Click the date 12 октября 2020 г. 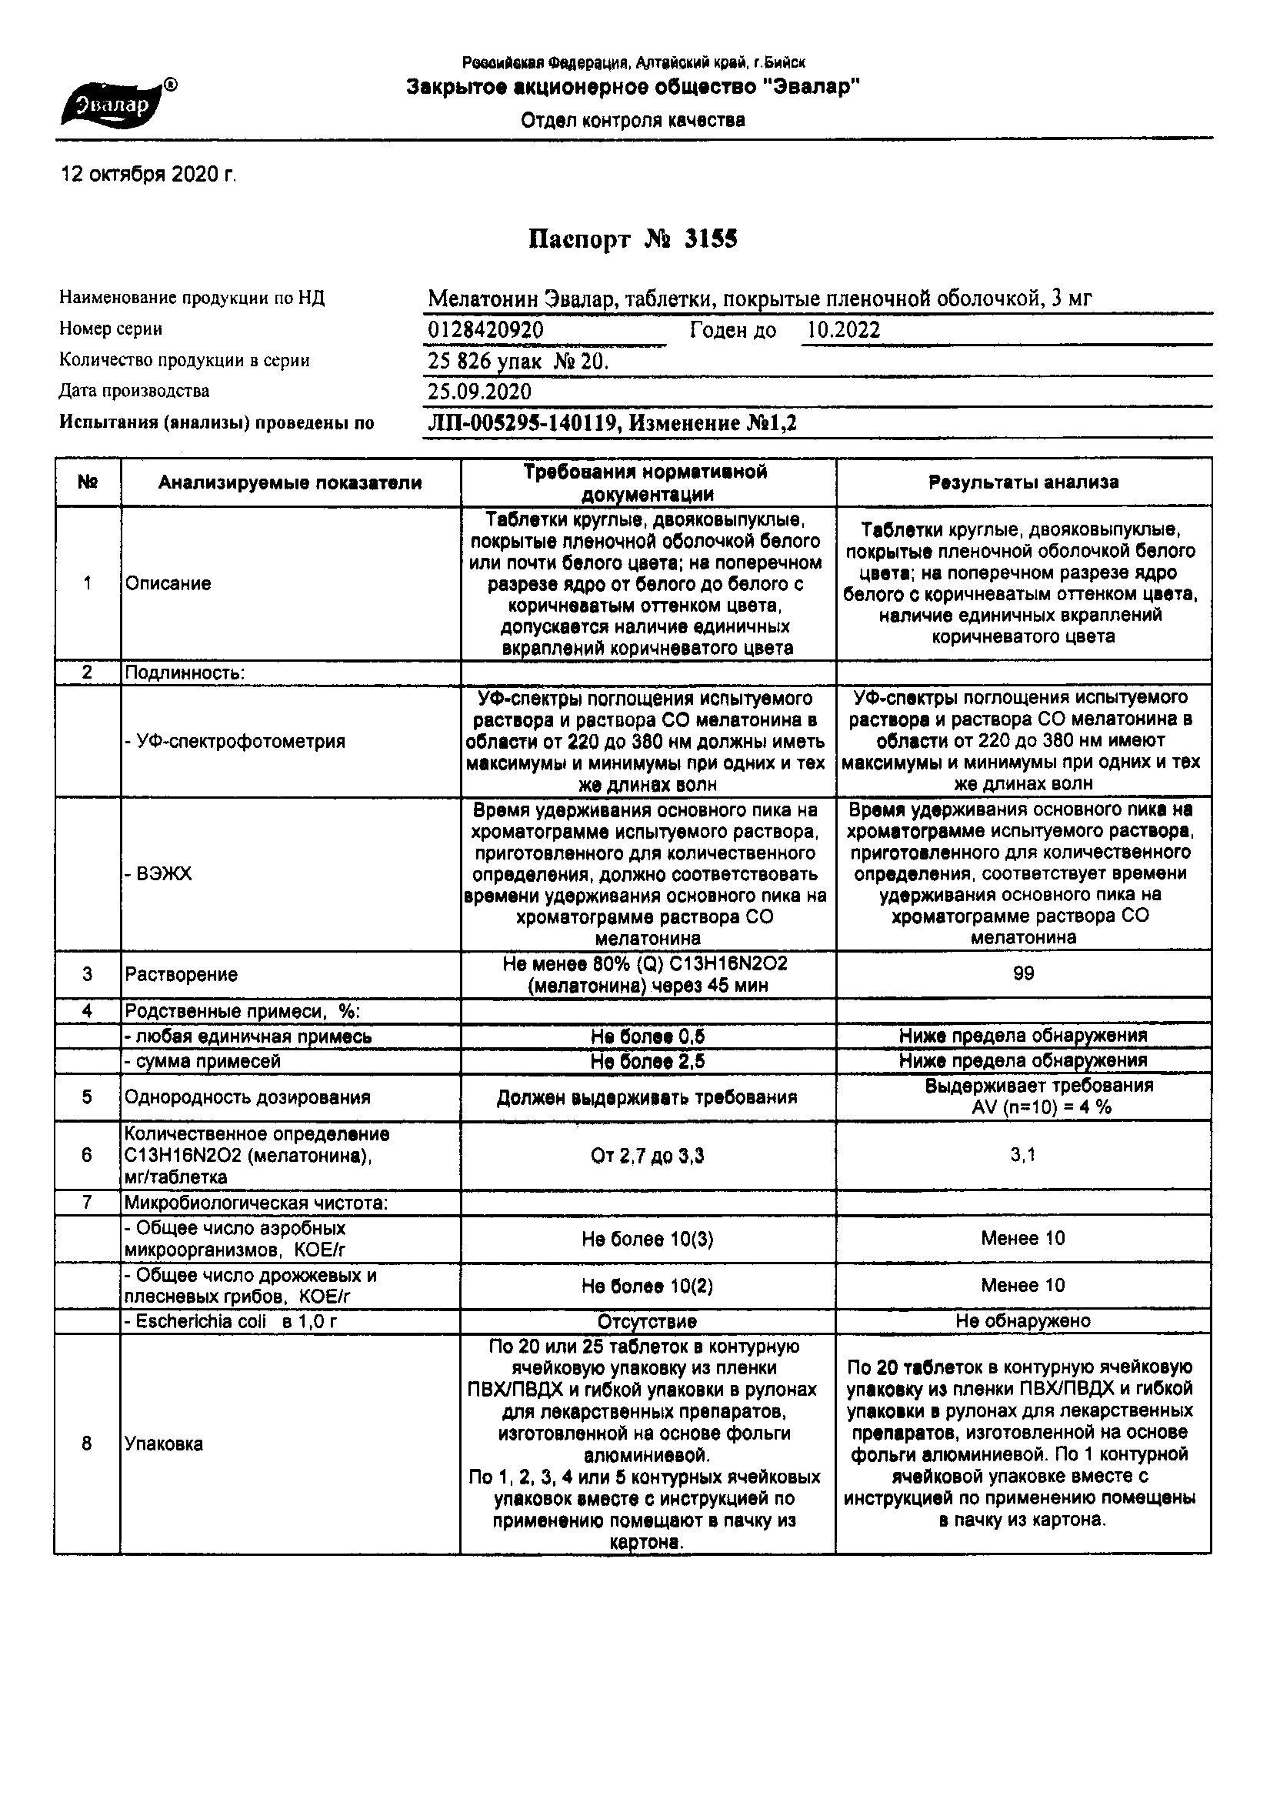[148, 174]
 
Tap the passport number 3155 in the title [711, 239]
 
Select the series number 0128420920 [485, 330]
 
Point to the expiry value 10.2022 [843, 330]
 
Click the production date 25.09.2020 [478, 392]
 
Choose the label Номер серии [111, 329]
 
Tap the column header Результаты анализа [1023, 482]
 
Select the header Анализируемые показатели [290, 482]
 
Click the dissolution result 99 [1023, 973]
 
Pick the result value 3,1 [1023, 1154]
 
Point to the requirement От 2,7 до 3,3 [647, 1156]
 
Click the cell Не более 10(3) [647, 1239]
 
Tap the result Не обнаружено [1023, 1321]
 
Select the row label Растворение [181, 975]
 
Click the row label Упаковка [164, 1444]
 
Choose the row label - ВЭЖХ [158, 874]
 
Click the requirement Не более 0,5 [647, 1036]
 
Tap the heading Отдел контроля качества [633, 121]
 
